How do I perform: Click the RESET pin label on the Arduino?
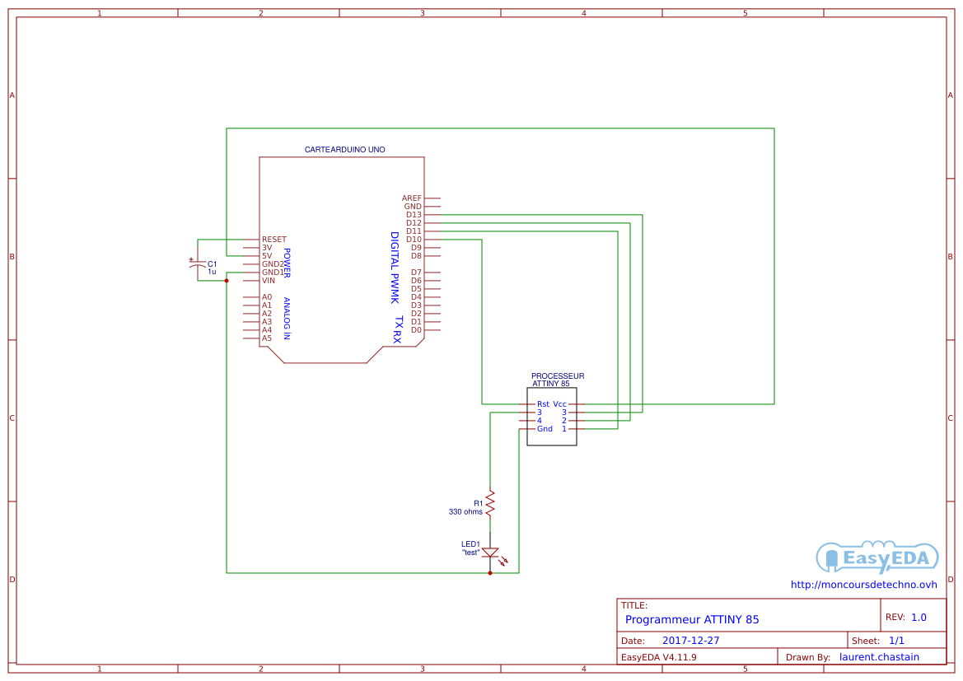pyautogui.click(x=273, y=240)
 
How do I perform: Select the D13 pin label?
pyautogui.click(x=414, y=215)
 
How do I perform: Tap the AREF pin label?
pyautogui.click(x=412, y=198)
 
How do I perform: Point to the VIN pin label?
pyautogui.click(x=269, y=281)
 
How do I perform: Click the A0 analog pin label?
pyautogui.click(x=267, y=297)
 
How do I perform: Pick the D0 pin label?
pyautogui.click(x=416, y=330)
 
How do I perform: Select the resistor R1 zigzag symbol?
pyautogui.click(x=490, y=503)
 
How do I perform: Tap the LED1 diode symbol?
pyautogui.click(x=490, y=553)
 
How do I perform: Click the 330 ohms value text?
pyautogui.click(x=465, y=511)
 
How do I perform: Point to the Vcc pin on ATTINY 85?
pyautogui.click(x=559, y=404)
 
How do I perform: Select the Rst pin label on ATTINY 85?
pyautogui.click(x=543, y=404)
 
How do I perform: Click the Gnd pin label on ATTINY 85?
pyautogui.click(x=545, y=429)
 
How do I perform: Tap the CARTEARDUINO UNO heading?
pyautogui.click(x=344, y=150)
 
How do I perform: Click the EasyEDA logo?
pyautogui.click(x=877, y=558)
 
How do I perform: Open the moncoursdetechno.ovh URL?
pyautogui.click(x=863, y=585)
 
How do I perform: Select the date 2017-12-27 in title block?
pyautogui.click(x=690, y=641)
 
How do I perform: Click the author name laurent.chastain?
pyautogui.click(x=879, y=657)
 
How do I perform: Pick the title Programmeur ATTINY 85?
pyautogui.click(x=692, y=619)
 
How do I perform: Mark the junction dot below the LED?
pyautogui.click(x=490, y=573)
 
